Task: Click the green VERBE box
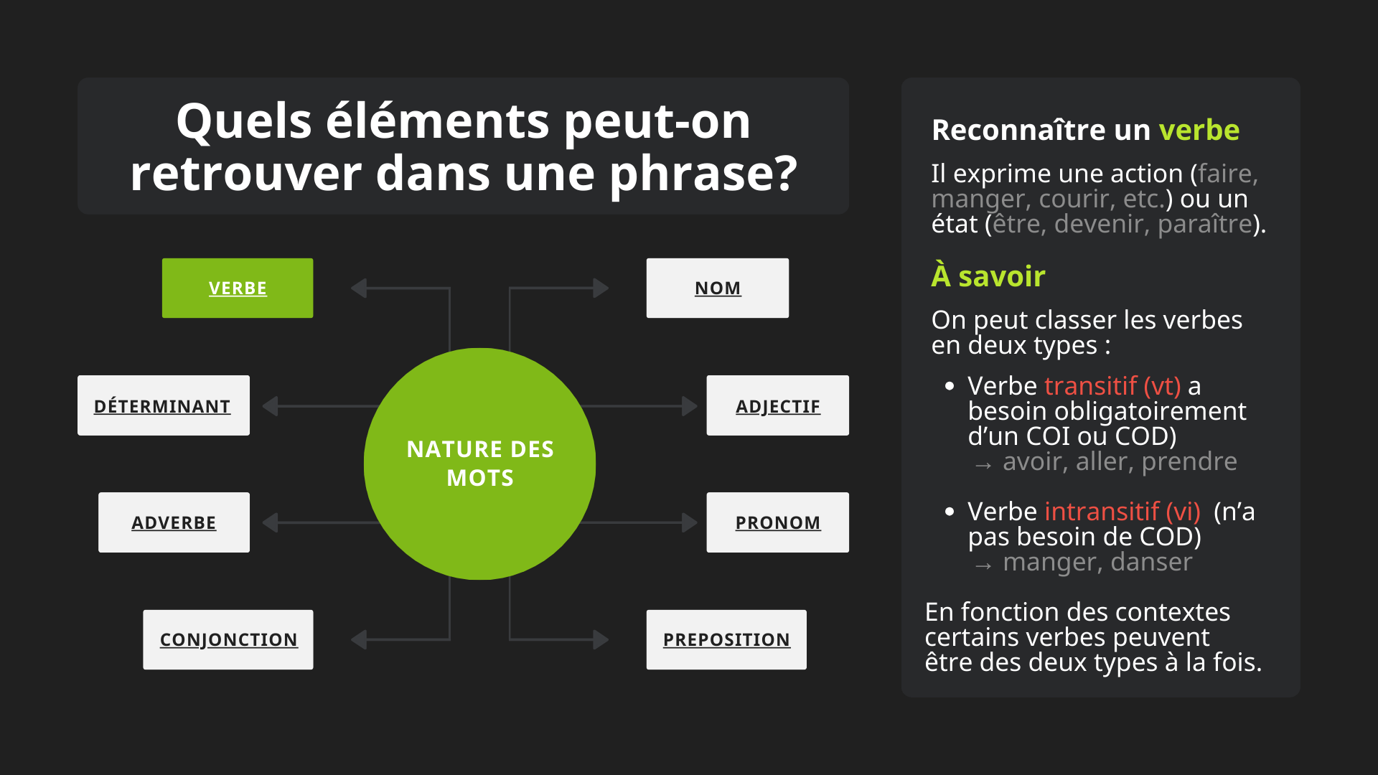(238, 288)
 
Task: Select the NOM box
(718, 288)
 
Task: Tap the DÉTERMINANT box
(164, 405)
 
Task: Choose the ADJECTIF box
(778, 405)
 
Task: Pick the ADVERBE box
(174, 522)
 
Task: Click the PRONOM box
(778, 522)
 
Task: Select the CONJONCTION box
(228, 639)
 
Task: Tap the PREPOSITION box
(726, 639)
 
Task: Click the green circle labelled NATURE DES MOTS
(479, 464)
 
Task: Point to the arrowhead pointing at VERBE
(359, 288)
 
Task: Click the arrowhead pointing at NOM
(601, 288)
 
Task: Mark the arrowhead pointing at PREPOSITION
(601, 639)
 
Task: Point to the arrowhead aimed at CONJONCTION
(359, 639)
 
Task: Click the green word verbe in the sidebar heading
(1199, 130)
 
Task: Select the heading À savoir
(988, 276)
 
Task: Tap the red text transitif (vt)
(1112, 386)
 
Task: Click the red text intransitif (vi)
(1122, 512)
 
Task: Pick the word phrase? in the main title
(703, 174)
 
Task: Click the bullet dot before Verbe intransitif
(950, 512)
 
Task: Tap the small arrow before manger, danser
(983, 566)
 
